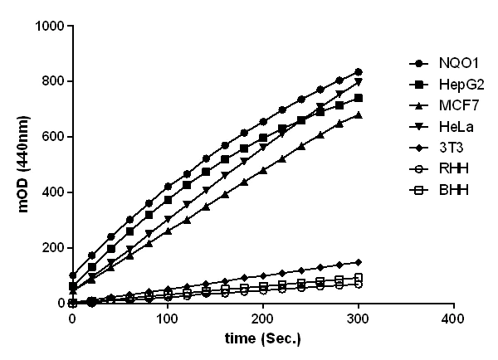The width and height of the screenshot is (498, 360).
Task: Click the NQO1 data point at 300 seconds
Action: tap(359, 72)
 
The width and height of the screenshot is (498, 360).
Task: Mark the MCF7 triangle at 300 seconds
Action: tap(359, 115)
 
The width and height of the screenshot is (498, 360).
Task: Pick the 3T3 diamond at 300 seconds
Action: tap(359, 262)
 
